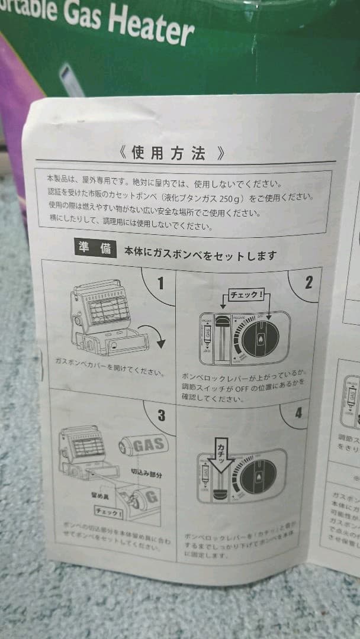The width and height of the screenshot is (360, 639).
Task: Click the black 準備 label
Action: click(95, 248)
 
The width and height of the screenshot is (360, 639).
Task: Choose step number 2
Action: click(308, 282)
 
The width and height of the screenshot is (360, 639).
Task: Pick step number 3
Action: click(161, 415)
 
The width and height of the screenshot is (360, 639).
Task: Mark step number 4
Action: click(298, 412)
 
